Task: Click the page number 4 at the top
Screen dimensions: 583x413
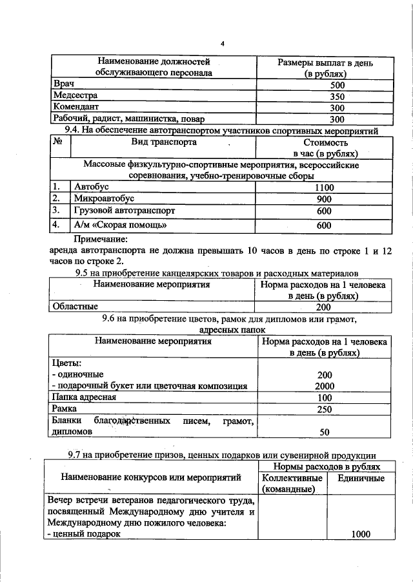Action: (x=222, y=44)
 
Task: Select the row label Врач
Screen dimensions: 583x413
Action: (x=64, y=84)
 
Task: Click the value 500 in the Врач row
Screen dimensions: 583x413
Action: (x=319, y=85)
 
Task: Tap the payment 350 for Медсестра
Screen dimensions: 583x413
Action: (x=319, y=96)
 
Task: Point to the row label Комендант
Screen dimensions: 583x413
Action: (x=76, y=107)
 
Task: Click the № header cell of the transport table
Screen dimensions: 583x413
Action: (x=59, y=142)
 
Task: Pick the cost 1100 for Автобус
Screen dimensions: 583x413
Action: (x=324, y=187)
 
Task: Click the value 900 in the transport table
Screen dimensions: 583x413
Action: (x=324, y=199)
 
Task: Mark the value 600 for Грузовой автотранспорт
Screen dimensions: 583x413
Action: (x=324, y=211)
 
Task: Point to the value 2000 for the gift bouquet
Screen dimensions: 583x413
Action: (x=324, y=386)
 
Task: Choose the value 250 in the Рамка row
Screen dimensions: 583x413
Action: (x=324, y=409)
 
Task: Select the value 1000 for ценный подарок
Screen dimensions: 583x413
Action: (x=364, y=534)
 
